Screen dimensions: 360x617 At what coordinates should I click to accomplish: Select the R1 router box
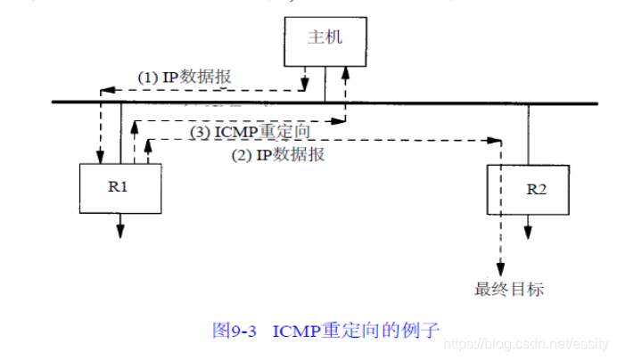pyautogui.click(x=121, y=187)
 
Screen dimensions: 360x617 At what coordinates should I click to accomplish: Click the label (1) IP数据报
pyautogui.click(x=184, y=78)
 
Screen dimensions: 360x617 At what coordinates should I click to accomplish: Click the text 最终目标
pyautogui.click(x=509, y=289)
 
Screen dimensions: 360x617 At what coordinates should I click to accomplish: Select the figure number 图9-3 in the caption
pyautogui.click(x=234, y=330)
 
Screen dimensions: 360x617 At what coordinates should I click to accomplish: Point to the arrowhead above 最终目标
pyautogui.click(x=502, y=270)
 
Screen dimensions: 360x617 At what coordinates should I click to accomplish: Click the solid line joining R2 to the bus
pyautogui.click(x=528, y=134)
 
